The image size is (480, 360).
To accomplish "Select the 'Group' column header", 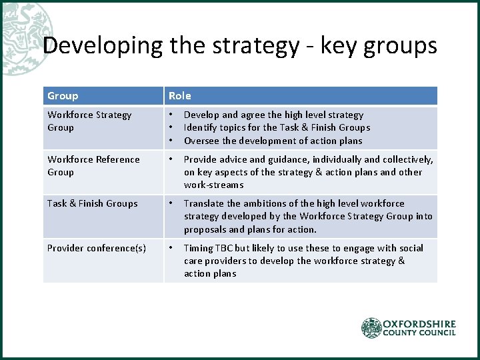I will click(63, 96).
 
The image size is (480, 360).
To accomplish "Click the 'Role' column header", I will click(179, 96).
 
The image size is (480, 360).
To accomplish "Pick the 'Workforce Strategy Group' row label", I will click(89, 121).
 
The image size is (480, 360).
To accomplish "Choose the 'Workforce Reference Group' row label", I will click(93, 165).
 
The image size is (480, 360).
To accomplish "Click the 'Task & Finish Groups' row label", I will click(92, 203).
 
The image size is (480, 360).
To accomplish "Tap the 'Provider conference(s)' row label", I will click(96, 248).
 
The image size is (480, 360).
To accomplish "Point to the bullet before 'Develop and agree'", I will click(171, 115).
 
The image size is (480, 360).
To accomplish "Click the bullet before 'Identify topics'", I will click(171, 127).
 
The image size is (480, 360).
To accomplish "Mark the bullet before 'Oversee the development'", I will click(171, 141).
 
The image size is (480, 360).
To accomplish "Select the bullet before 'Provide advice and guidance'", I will click(171, 159).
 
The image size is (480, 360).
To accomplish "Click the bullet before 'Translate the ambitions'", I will click(171, 203).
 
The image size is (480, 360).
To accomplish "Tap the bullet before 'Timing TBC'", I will click(171, 248).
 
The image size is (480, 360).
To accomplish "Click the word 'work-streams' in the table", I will click(213, 185).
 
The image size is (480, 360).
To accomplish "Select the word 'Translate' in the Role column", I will click(203, 203).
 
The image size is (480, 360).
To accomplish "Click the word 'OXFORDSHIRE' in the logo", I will click(419, 324).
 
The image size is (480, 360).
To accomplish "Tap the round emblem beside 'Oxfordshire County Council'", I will click(371, 328).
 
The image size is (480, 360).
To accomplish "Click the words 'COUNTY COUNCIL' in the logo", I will click(419, 333).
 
